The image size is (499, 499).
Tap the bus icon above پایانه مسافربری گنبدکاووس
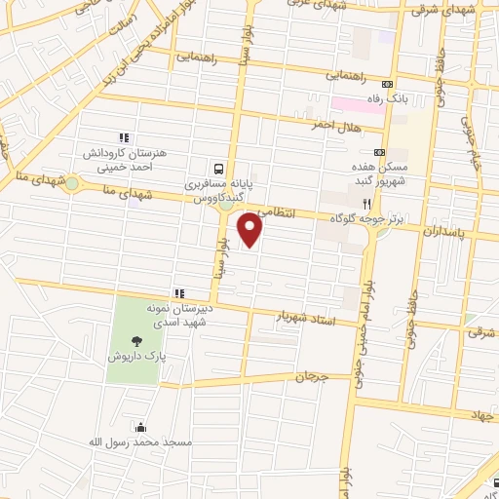coord(218,167)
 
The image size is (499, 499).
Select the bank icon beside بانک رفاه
coord(388,84)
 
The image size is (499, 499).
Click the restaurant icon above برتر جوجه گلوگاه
coord(367,204)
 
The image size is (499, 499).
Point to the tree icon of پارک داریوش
coord(135,340)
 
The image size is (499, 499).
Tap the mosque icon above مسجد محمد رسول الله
coord(141,426)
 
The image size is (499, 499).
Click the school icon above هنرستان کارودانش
coord(122,138)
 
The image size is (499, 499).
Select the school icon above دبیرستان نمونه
coord(178,293)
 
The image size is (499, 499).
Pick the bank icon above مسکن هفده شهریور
coord(379,153)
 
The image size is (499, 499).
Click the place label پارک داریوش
coord(134,357)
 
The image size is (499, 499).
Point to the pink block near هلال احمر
coord(355,103)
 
